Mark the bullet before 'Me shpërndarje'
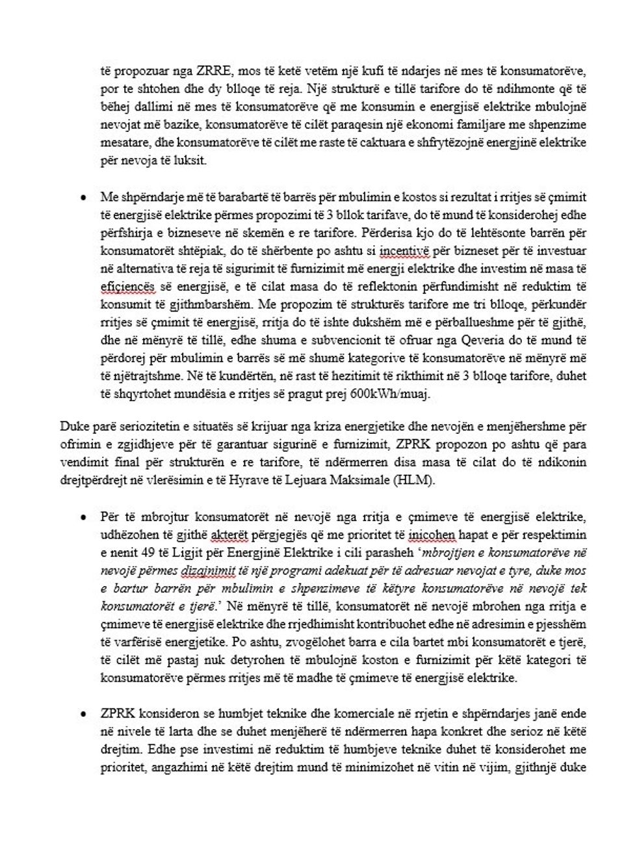[x=83, y=197]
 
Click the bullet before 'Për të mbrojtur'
[x=83, y=517]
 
